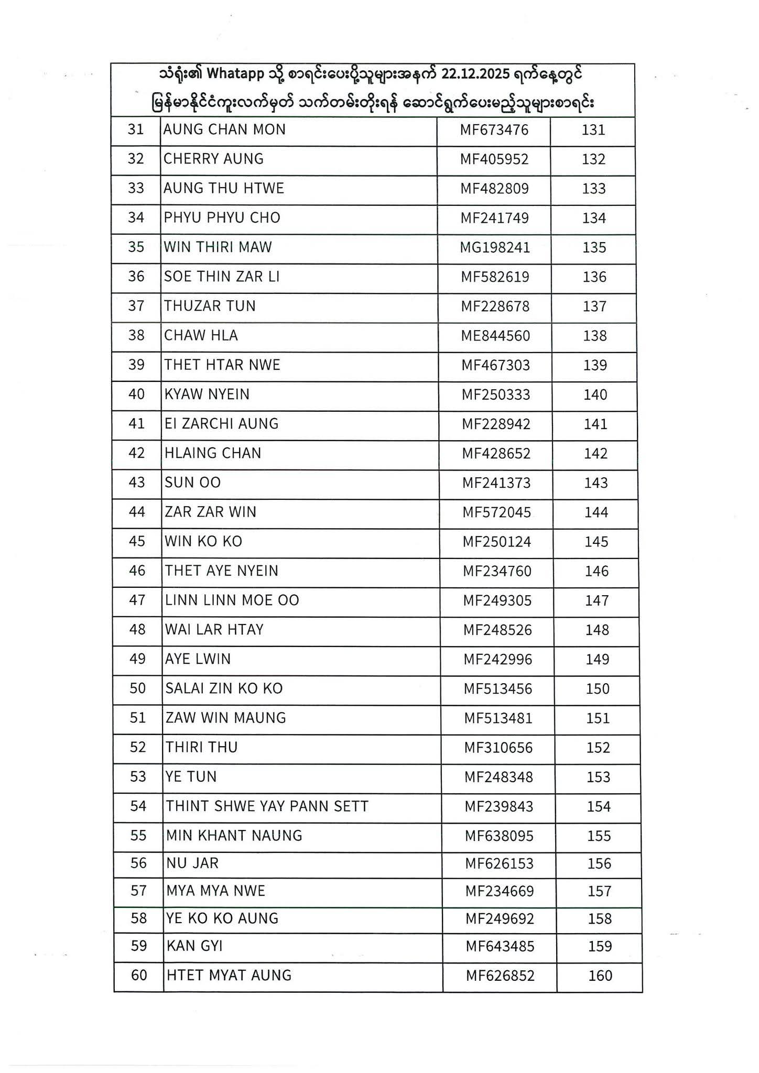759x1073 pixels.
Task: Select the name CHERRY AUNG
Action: point(213,159)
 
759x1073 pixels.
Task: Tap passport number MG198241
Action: point(495,247)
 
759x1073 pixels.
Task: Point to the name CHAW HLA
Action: point(201,335)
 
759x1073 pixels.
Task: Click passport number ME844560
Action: point(495,336)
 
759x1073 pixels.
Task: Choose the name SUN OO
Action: point(192,483)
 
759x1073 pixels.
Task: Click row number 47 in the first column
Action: point(137,600)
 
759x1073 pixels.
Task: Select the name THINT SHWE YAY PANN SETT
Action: point(267,806)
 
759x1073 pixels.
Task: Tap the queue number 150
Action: point(598,688)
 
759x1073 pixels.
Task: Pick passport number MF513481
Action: point(498,718)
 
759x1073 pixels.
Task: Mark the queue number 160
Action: point(600,976)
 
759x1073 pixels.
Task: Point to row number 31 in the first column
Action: point(136,129)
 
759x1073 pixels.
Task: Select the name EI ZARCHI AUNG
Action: point(221,423)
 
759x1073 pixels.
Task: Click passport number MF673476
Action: point(494,130)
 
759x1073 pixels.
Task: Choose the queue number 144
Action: point(597,512)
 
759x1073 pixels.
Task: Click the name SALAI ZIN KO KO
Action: point(224,688)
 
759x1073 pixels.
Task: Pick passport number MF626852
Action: point(500,976)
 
